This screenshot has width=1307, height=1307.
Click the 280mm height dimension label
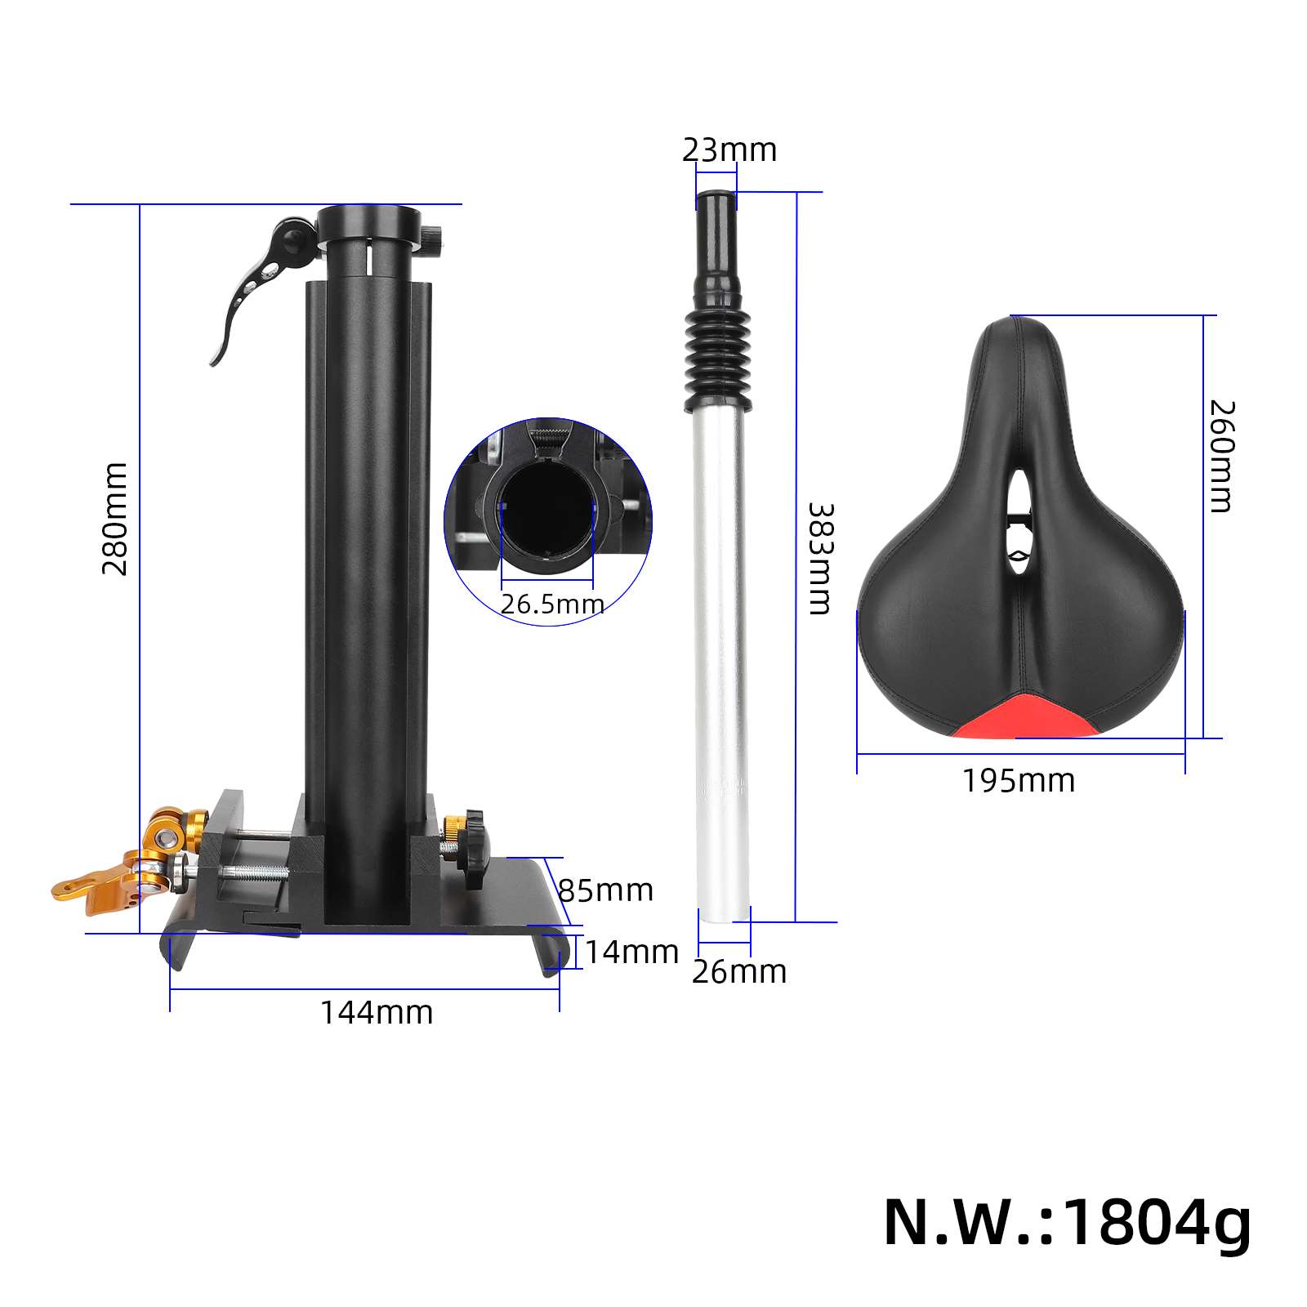click(115, 519)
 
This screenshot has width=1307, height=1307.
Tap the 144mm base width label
click(377, 1013)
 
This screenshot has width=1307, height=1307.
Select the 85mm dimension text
click(605, 890)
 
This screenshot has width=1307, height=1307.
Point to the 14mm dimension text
click(632, 952)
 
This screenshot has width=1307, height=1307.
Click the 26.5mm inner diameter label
click(552, 604)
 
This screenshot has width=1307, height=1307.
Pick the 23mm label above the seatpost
click(729, 150)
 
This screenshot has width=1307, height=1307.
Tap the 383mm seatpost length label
click(819, 559)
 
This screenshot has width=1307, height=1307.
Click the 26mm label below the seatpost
click(739, 972)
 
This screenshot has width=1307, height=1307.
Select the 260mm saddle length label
click(1222, 456)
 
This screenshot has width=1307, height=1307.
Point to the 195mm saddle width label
click(1018, 781)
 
